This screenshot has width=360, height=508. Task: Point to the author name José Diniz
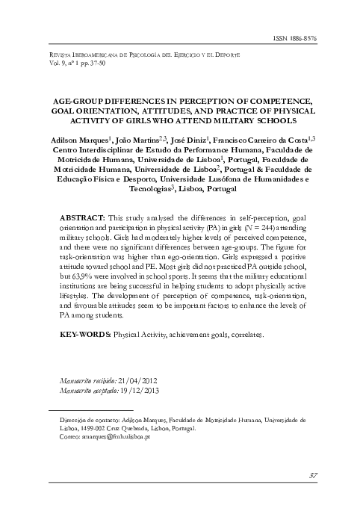pyautogui.click(x=186, y=139)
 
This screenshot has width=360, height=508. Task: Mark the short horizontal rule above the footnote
pyautogui.click(x=90, y=411)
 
